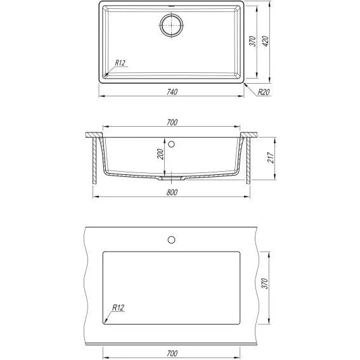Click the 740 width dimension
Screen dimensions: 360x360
172,92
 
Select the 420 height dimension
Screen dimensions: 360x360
266,41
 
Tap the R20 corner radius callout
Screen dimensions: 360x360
264,92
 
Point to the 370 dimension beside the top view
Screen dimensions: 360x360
252,41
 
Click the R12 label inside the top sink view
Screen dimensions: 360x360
120,63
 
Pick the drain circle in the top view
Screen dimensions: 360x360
172,25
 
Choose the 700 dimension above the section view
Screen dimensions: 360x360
172,122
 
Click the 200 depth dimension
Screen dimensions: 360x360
160,154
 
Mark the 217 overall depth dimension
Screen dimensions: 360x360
271,157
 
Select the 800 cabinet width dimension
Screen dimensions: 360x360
172,193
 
